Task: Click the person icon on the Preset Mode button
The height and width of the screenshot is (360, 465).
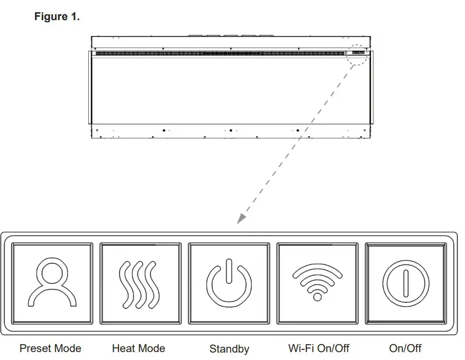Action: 51,283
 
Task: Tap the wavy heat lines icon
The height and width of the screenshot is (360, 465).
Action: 139,284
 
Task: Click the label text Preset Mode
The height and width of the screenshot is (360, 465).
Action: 50,348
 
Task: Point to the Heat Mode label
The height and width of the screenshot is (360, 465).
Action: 139,348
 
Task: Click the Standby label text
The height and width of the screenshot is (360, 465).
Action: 229,349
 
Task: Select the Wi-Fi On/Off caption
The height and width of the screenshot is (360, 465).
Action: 318,348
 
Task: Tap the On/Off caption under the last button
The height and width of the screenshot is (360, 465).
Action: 405,348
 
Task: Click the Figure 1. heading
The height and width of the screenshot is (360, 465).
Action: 57,17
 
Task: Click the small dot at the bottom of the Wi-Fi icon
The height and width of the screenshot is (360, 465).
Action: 317,297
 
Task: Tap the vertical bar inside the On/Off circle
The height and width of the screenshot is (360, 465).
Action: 405,283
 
